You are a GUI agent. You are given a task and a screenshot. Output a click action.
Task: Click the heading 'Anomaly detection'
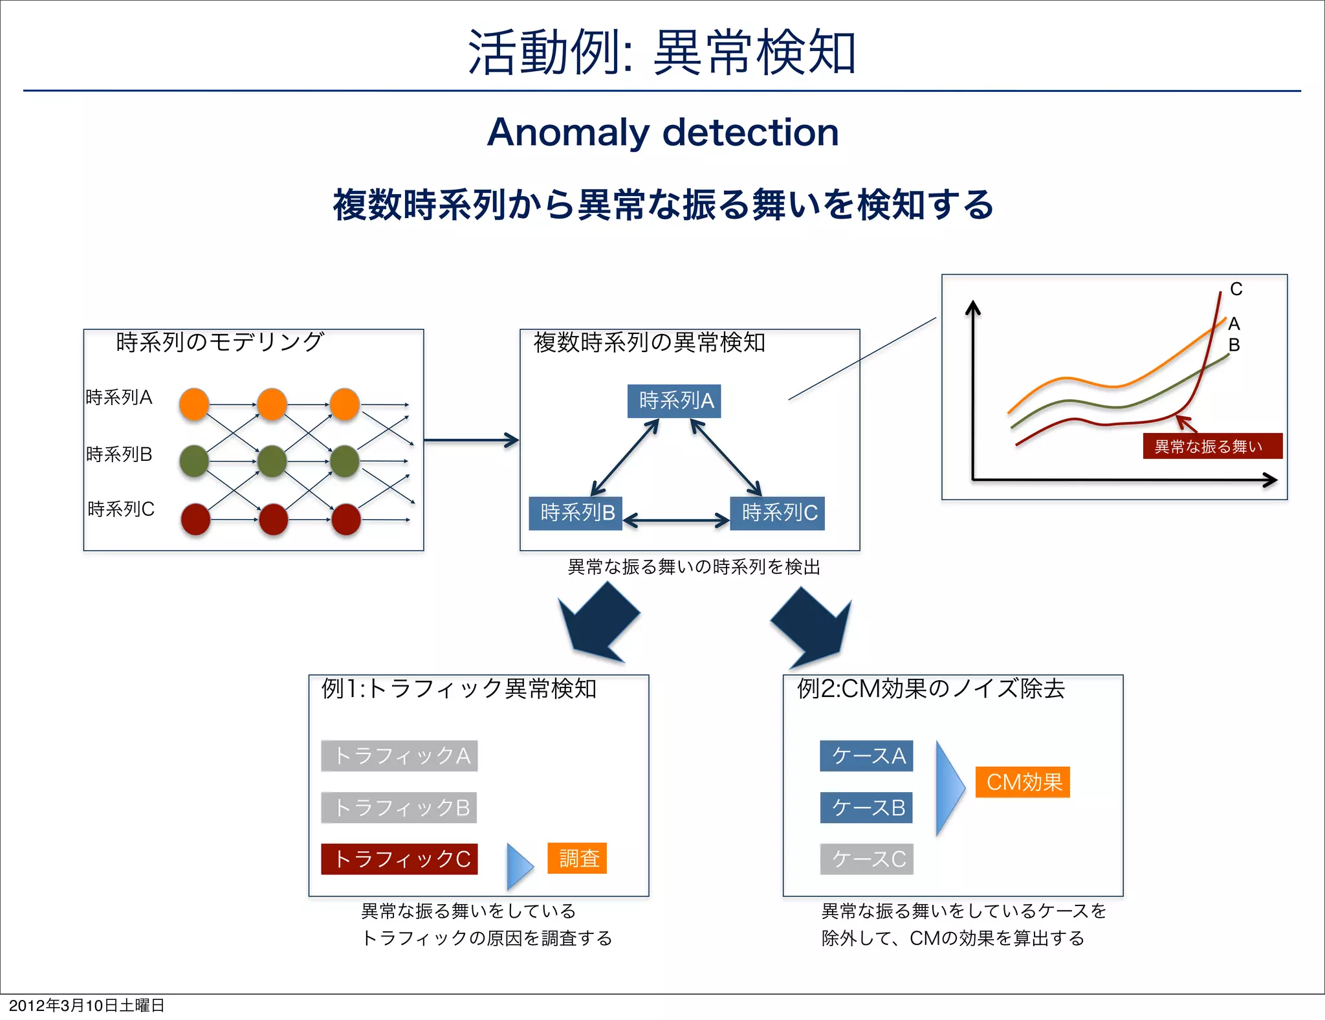point(662,133)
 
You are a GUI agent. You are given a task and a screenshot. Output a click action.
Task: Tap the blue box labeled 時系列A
point(674,401)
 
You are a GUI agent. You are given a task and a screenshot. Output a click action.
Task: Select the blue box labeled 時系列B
point(575,513)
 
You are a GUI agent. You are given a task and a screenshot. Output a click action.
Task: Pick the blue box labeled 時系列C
point(777,513)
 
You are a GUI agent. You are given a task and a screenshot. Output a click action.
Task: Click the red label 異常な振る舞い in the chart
point(1212,446)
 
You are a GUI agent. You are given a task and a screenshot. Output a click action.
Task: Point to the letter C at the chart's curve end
point(1236,289)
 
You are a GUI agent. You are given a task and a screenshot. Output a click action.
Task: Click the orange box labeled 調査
point(577,858)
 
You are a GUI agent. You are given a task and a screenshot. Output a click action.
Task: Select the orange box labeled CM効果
point(1022,782)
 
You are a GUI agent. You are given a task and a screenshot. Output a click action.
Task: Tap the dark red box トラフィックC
point(399,859)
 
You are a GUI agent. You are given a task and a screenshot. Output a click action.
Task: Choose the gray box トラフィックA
point(399,756)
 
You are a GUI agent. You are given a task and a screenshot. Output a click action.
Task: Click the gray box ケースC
point(866,859)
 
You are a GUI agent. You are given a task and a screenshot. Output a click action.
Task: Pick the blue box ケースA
point(866,756)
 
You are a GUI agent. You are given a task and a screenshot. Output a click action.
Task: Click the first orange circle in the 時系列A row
point(194,405)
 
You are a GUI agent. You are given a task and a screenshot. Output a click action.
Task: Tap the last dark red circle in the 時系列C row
point(346,520)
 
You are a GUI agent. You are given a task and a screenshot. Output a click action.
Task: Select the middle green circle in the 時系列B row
point(272,461)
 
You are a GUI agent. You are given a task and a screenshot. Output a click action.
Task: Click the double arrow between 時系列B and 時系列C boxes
point(676,520)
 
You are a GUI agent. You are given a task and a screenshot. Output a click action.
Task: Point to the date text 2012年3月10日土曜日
point(87,1005)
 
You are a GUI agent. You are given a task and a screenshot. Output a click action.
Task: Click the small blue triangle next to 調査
point(519,866)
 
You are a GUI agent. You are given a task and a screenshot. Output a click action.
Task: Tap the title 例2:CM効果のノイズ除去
point(930,689)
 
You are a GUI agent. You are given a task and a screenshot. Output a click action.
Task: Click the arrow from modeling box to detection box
point(471,440)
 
